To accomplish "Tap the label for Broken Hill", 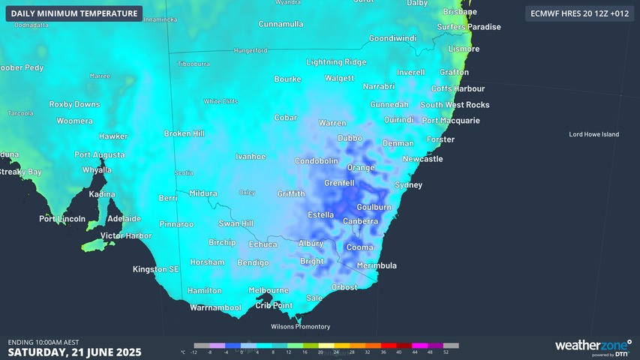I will [x=184, y=133].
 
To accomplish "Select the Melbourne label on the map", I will [x=268, y=290].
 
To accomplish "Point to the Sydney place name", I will [x=408, y=184].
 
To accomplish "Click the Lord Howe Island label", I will [x=594, y=134].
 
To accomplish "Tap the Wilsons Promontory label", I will [x=300, y=326].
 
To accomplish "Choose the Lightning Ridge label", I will [x=335, y=62].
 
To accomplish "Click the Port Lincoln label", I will [x=62, y=219].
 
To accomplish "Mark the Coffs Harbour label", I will [x=458, y=88].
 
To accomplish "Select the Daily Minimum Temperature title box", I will [x=74, y=13].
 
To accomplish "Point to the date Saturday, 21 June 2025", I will [x=74, y=352].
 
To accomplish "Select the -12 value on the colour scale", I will [x=194, y=352].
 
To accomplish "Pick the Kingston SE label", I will [x=156, y=268].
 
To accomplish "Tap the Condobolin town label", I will [x=317, y=161].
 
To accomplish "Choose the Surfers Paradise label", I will [x=469, y=27].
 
